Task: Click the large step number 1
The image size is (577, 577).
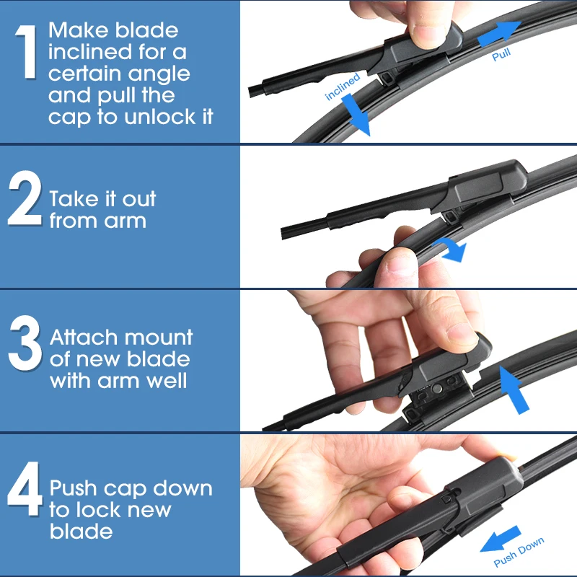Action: pyautogui.click(x=27, y=51)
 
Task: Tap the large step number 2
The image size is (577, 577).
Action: pyautogui.click(x=25, y=198)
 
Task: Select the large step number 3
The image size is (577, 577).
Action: pyautogui.click(x=25, y=343)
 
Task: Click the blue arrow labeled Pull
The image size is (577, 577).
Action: pyautogui.click(x=499, y=33)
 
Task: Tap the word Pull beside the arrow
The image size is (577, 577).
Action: pyautogui.click(x=501, y=55)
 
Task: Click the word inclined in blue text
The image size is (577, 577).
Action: pyautogui.click(x=342, y=87)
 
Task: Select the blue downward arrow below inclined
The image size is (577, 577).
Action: pyautogui.click(x=356, y=114)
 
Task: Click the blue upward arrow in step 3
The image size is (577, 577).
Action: pyautogui.click(x=513, y=389)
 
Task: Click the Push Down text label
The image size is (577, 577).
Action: pyautogui.click(x=519, y=552)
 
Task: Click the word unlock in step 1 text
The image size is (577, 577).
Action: pyautogui.click(x=160, y=117)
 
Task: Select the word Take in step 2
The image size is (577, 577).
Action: pyautogui.click(x=75, y=199)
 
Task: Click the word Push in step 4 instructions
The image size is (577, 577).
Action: pyautogui.click(x=74, y=488)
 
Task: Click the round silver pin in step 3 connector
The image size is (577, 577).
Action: pyautogui.click(x=438, y=387)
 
